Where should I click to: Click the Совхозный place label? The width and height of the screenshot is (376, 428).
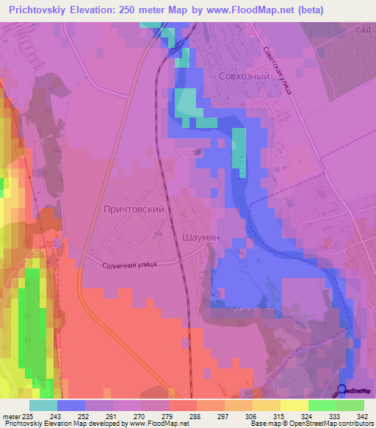[x=244, y=76]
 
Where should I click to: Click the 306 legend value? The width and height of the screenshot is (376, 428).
[x=252, y=416]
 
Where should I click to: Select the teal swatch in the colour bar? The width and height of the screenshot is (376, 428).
[x=43, y=405]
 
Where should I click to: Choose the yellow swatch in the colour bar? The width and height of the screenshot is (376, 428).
[x=294, y=405]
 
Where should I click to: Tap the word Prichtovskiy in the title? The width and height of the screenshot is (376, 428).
[x=37, y=11]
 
